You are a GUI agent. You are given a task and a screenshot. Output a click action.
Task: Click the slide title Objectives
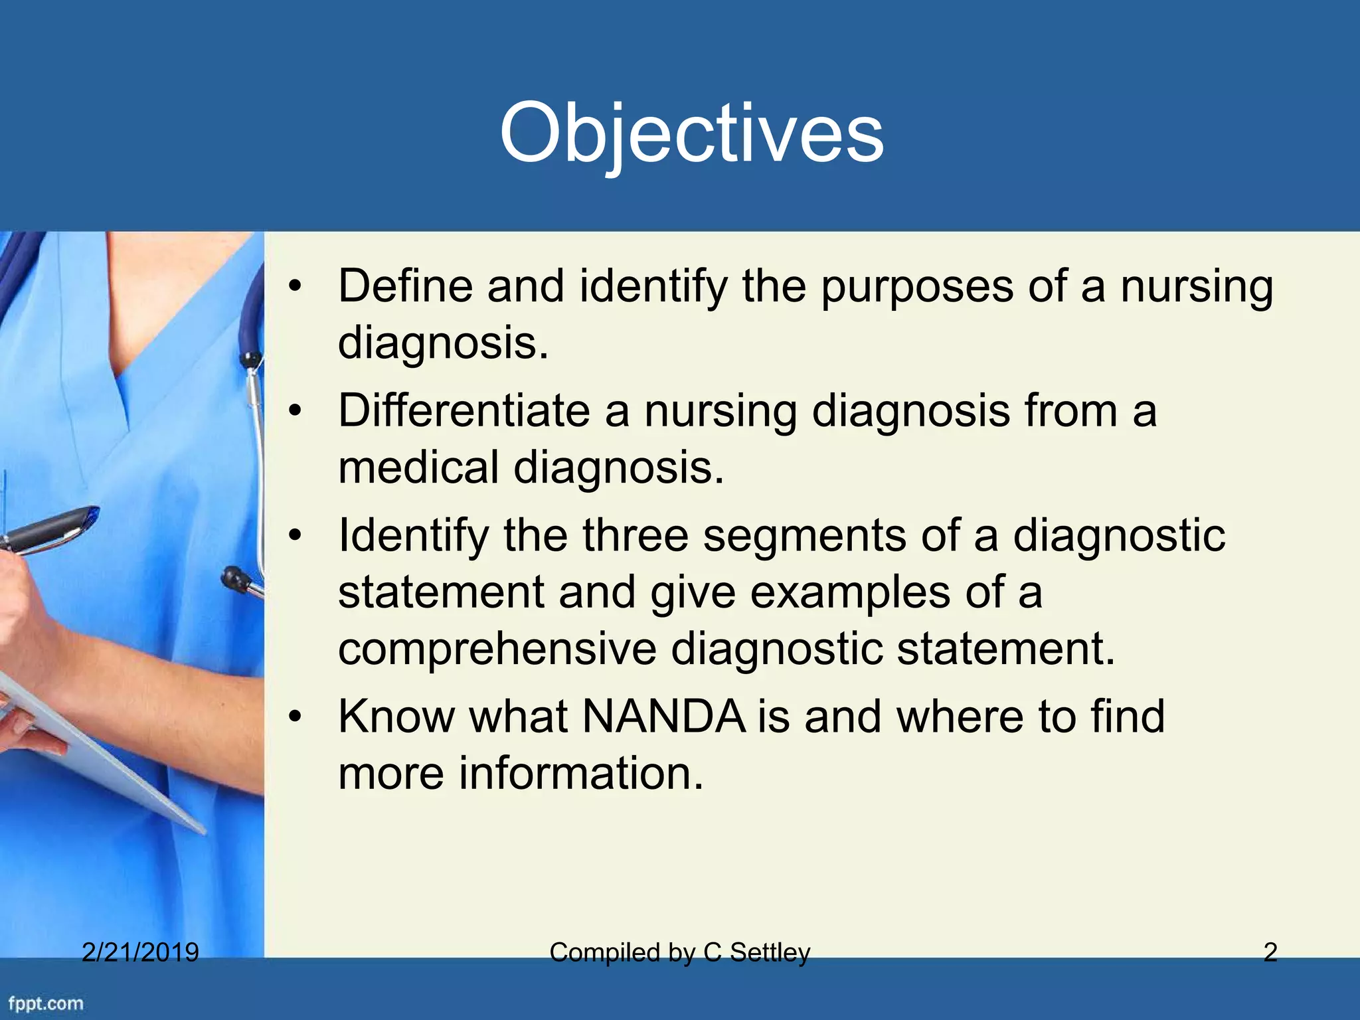pos(691,135)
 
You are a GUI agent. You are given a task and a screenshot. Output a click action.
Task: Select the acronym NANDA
pos(664,717)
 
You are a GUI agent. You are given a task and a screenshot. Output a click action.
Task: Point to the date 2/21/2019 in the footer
pos(140,952)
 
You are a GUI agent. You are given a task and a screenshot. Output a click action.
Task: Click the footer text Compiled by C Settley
pos(680,952)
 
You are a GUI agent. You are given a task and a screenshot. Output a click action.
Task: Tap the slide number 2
pos(1270,952)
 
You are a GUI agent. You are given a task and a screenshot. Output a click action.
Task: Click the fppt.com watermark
pos(46,1003)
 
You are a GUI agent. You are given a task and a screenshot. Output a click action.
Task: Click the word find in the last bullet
pos(1127,717)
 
